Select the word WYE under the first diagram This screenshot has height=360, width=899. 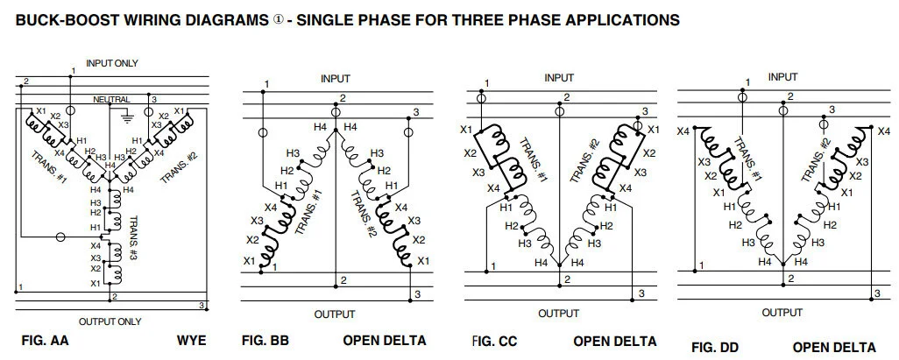(191, 340)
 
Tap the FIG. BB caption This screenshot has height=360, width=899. (265, 340)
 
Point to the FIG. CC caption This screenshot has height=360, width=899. (495, 340)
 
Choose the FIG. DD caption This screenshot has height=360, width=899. (715, 346)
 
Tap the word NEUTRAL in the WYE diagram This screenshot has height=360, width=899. (111, 100)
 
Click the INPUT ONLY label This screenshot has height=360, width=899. (111, 63)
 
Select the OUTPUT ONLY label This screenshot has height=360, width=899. (110, 321)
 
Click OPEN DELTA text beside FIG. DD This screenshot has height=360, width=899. (833, 346)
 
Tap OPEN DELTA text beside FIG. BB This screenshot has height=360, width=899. (385, 340)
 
